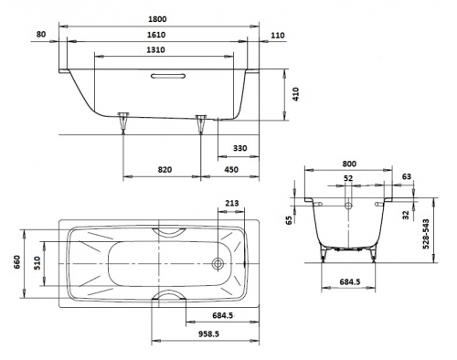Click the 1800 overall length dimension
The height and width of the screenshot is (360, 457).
coord(157,19)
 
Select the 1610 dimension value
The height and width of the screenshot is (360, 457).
coord(156,35)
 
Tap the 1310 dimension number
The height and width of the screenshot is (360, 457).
coord(155,49)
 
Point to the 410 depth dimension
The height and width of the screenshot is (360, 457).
coord(296,94)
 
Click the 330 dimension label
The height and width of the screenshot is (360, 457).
coord(240,148)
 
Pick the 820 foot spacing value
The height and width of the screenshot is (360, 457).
coord(165,169)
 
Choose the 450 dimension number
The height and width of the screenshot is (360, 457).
coord(231,169)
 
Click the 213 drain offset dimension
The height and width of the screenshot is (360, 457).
coord(232,203)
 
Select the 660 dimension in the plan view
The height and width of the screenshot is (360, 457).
coord(16,262)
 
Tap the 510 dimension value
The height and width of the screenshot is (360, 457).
coord(37,263)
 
